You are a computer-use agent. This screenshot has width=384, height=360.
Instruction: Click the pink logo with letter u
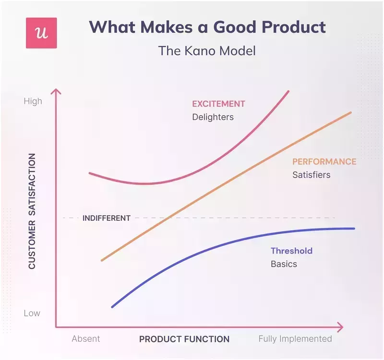[x=41, y=33]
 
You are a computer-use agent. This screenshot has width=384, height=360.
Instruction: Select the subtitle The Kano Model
[x=207, y=50]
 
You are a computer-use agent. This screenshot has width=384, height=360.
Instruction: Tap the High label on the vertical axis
[x=33, y=101]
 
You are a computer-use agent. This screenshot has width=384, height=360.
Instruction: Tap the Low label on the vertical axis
[x=32, y=313]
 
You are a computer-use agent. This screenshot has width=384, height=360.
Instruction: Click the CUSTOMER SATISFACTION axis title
[x=32, y=211]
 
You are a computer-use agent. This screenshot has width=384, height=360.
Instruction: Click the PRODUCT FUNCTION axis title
[x=184, y=339]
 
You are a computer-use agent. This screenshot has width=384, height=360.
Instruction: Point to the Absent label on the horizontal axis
[x=86, y=339]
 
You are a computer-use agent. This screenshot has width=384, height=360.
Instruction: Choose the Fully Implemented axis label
[x=295, y=339]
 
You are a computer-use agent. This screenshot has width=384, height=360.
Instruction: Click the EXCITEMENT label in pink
[x=218, y=104]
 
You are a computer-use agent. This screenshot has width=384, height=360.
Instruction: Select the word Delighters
[x=213, y=117]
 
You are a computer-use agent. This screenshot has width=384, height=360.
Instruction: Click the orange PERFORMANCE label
[x=324, y=162]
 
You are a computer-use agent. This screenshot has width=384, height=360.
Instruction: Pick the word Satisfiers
[x=311, y=175]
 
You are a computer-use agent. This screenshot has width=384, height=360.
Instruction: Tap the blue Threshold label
[x=291, y=251]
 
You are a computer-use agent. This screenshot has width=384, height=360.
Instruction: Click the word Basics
[x=284, y=264]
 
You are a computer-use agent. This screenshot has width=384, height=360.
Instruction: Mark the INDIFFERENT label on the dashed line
[x=107, y=218]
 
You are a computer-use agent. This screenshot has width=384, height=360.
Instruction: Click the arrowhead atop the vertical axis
[x=56, y=92]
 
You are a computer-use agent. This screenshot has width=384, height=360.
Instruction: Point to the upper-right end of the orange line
[x=351, y=112]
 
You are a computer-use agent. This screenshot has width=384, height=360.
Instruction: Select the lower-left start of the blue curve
[x=112, y=307]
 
